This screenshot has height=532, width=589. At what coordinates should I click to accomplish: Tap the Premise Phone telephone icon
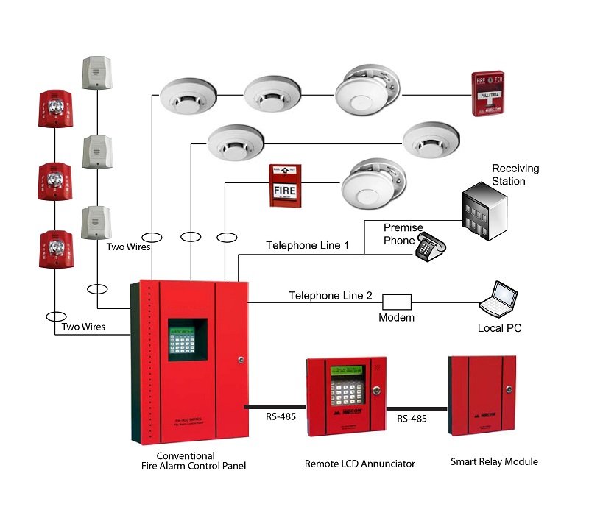point(431,248)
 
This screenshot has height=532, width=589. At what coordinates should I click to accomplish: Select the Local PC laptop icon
point(498,298)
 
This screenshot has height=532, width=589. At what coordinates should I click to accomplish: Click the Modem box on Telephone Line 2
point(396,301)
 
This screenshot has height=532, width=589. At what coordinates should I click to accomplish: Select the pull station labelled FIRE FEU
point(493,95)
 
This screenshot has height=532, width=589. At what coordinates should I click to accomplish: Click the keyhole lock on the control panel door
point(240,360)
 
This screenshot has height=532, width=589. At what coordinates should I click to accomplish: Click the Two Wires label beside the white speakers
point(128,247)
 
